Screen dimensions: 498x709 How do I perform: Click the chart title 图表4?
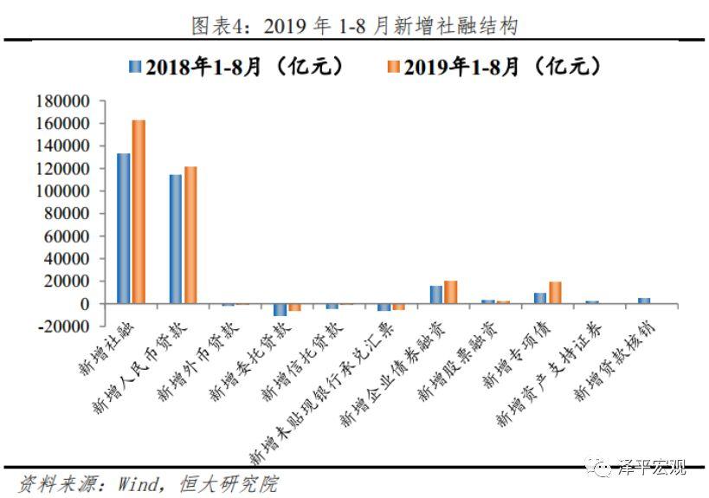(354, 26)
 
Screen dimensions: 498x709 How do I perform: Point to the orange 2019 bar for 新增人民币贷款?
(190, 235)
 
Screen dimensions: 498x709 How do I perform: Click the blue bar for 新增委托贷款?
(280, 310)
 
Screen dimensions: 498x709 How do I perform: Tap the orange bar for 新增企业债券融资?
(451, 293)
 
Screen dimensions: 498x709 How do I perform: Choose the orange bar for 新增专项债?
(555, 293)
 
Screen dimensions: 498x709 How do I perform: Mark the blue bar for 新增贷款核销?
(644, 301)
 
